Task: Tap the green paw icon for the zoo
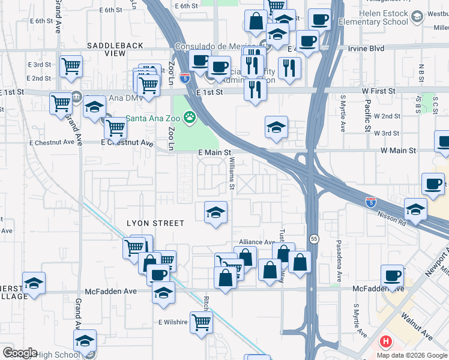(x=190, y=117)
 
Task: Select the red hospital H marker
(x=385, y=343)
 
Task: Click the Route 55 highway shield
(x=314, y=239)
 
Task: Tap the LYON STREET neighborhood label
(x=155, y=223)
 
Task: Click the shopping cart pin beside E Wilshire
(x=201, y=321)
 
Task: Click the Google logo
(x=19, y=353)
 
